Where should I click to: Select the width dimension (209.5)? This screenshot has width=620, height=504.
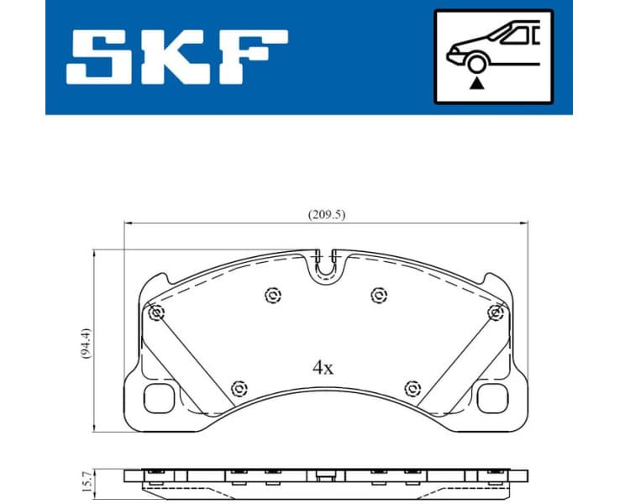326,214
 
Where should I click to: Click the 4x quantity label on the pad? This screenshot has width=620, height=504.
323,367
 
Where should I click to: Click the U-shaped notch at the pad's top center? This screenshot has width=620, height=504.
326,267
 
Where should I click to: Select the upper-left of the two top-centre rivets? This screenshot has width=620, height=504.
271,295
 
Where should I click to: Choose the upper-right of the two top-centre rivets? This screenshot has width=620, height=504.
379,295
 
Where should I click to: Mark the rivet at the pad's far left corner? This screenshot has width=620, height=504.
155,313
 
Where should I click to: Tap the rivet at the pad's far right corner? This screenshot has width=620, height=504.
496,313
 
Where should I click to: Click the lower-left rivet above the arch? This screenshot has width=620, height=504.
239,387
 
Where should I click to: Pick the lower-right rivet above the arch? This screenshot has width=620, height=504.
412,387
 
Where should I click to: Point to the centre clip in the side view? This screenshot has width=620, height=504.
324,476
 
